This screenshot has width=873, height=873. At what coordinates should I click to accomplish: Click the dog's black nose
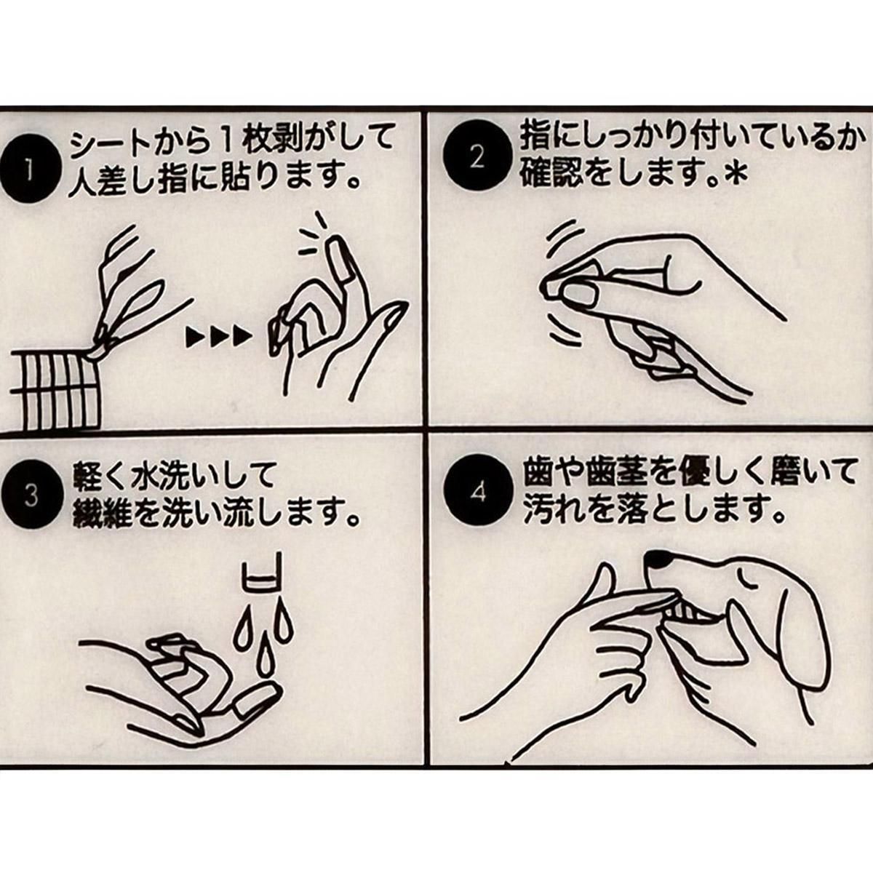[x=660, y=560]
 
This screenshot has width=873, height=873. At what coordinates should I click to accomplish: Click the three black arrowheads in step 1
[x=218, y=337]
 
